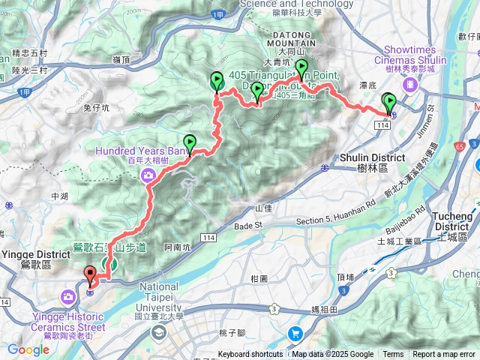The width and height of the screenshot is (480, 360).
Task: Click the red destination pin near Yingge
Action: [x=90, y=274]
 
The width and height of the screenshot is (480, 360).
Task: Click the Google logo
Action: [x=28, y=349]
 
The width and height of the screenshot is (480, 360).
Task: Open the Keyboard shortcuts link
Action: [x=250, y=355]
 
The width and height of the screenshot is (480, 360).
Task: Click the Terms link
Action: [x=393, y=355]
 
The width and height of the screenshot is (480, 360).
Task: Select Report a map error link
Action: [x=444, y=355]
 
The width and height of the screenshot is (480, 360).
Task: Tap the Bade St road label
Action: [x=250, y=225]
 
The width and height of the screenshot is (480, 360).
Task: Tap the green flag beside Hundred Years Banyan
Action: [x=190, y=142]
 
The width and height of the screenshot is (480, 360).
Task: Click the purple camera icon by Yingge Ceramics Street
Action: [x=68, y=297]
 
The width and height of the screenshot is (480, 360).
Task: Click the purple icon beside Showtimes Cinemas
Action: [x=409, y=84]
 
